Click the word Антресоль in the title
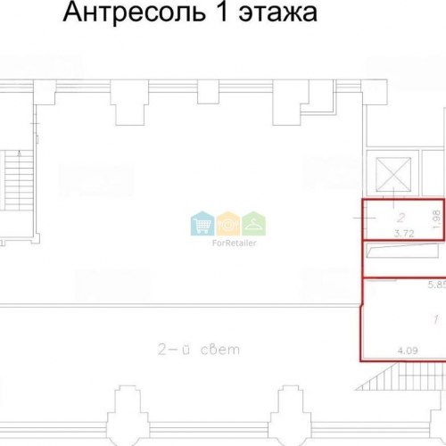134,12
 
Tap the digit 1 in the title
223,12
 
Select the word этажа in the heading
278,13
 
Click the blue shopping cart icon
202,223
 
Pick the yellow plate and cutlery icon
228,223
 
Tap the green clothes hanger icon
253,223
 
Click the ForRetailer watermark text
234,243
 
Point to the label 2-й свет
199,349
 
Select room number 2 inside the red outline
401,218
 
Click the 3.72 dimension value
404,234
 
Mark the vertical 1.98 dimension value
437,219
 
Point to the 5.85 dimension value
437,285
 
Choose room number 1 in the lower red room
436,319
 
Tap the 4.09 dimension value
408,351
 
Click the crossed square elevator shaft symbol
393,174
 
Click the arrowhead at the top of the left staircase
20,153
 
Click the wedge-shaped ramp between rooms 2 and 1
402,251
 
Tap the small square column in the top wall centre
208,92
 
